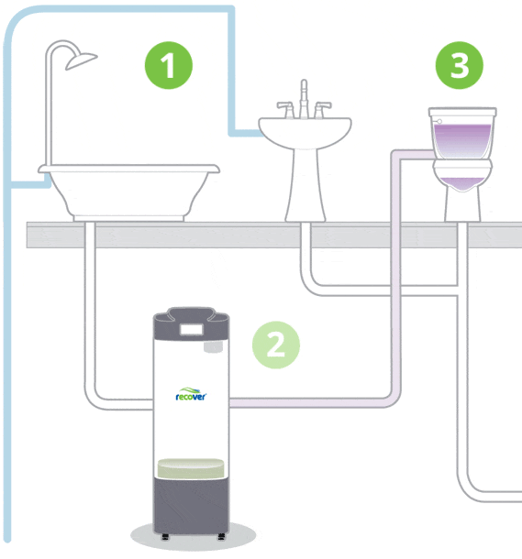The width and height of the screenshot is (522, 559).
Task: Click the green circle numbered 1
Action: pyautogui.click(x=169, y=65)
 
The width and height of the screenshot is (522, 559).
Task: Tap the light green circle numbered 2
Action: pyautogui.click(x=276, y=345)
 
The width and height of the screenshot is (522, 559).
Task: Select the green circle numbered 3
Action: pyautogui.click(x=460, y=65)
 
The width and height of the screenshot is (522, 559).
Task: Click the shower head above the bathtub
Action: pyautogui.click(x=81, y=61)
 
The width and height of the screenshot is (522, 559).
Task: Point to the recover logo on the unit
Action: pyautogui.click(x=191, y=395)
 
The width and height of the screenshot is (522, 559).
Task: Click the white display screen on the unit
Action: pyautogui.click(x=191, y=330)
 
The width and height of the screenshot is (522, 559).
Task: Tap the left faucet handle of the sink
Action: pyautogui.click(x=286, y=109)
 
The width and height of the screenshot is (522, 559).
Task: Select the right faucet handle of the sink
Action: pyautogui.click(x=322, y=109)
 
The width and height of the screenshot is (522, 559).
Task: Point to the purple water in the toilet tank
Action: pyautogui.click(x=462, y=141)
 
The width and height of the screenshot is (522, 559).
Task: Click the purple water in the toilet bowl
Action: pyautogui.click(x=462, y=183)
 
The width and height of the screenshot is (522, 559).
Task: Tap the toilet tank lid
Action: pyautogui.click(x=462, y=112)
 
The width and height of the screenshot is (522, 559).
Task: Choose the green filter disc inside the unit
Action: pyautogui.click(x=191, y=467)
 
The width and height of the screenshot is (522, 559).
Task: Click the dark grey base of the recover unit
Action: pyautogui.click(x=191, y=506)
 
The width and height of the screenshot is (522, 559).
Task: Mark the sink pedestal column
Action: pyautogui.click(x=305, y=185)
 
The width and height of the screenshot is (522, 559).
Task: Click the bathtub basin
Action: pyautogui.click(x=128, y=192)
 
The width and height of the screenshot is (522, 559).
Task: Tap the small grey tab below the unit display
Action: pyautogui.click(x=213, y=347)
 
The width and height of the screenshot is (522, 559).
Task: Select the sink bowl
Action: pyautogui.click(x=305, y=133)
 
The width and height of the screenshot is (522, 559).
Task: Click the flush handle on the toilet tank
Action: pyautogui.click(x=439, y=121)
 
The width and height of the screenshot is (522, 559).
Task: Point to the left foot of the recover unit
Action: pyautogui.click(x=165, y=536)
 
